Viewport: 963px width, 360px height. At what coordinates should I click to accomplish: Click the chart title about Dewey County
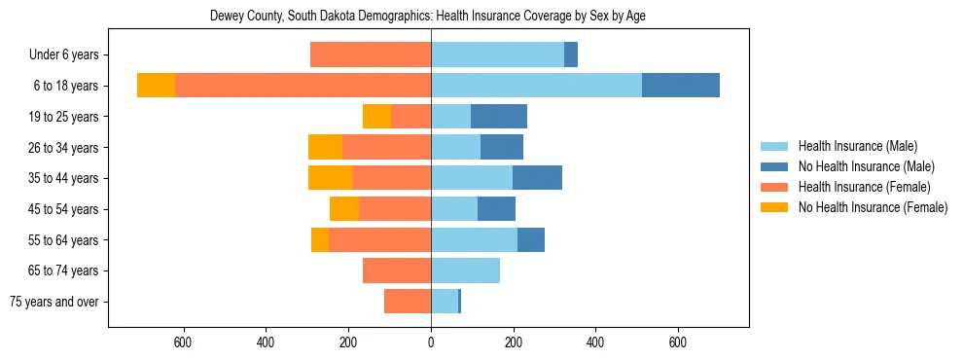[x=428, y=16]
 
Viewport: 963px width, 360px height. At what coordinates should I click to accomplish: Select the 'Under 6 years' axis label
[x=64, y=55]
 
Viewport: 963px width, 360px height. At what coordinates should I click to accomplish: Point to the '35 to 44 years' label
[x=64, y=178]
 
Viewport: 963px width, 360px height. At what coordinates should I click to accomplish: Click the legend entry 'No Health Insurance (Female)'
[x=872, y=207]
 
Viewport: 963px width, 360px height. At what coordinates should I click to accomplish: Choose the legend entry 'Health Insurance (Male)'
[x=857, y=146]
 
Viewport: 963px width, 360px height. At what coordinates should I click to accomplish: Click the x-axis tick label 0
[x=431, y=342]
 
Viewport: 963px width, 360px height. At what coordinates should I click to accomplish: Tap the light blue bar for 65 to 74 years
[x=465, y=270]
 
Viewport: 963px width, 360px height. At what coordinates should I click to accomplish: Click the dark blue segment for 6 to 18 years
[x=681, y=86]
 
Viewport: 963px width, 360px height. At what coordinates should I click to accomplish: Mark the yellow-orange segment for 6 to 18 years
[x=156, y=86]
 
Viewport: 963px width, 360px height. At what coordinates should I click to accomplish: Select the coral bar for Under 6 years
[x=371, y=54]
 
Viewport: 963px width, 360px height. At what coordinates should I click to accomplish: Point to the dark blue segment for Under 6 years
[x=571, y=54]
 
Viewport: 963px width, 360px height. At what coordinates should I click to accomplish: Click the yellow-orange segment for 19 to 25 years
[x=376, y=117]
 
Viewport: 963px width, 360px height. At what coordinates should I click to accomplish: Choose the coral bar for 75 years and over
[x=408, y=302]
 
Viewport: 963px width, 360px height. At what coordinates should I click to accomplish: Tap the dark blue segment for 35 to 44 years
[x=537, y=178]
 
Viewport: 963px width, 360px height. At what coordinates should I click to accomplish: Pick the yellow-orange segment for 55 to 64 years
[x=320, y=239]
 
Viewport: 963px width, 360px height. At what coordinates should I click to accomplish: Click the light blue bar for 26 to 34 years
[x=455, y=147]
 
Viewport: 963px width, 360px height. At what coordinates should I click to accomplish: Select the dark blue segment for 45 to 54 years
[x=496, y=209]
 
